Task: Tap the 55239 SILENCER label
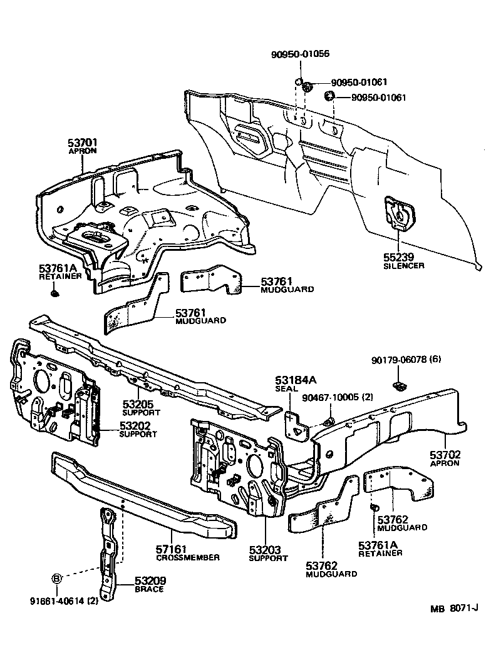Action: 403,261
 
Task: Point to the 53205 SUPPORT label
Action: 141,408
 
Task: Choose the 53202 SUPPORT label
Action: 138,430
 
